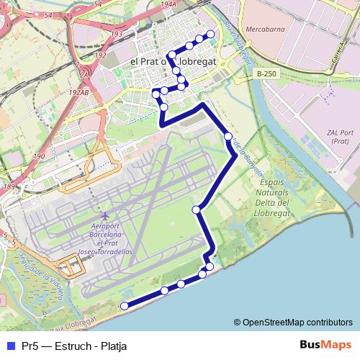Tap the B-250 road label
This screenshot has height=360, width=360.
point(267,73)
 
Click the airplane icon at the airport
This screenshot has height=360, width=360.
point(107,216)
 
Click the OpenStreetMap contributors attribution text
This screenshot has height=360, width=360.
point(293,322)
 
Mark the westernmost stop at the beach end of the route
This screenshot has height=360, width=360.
point(124,306)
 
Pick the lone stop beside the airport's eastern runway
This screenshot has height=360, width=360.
point(196,210)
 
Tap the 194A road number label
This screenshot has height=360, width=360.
point(168,4)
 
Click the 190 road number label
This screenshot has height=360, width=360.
point(38,156)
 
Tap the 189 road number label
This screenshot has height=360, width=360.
point(9,187)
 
